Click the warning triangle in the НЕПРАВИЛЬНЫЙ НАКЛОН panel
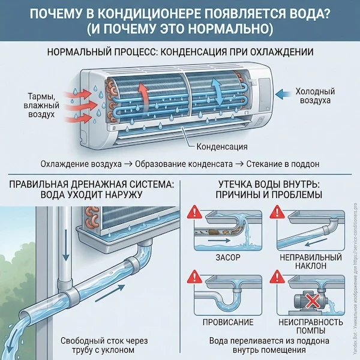point(277,213)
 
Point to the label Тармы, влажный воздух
point(41,104)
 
